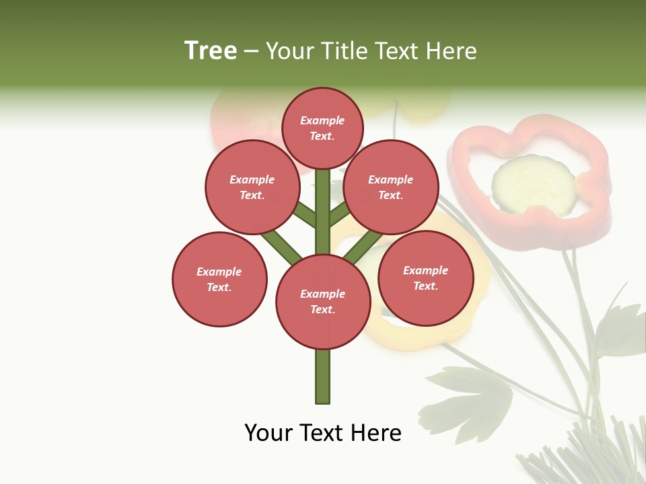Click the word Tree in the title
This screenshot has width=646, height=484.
point(211,51)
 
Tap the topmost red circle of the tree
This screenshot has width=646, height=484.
point(322,128)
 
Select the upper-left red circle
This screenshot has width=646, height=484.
point(252,187)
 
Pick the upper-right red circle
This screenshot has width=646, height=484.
point(390,187)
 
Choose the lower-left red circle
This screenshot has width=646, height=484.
point(219,279)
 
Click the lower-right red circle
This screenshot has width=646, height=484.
point(425,278)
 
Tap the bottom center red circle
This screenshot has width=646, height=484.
point(322,302)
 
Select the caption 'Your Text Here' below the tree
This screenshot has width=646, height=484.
point(322,433)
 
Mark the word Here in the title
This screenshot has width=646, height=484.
point(452,51)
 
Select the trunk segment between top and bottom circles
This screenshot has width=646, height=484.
point(322,215)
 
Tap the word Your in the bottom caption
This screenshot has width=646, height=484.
point(268,433)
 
